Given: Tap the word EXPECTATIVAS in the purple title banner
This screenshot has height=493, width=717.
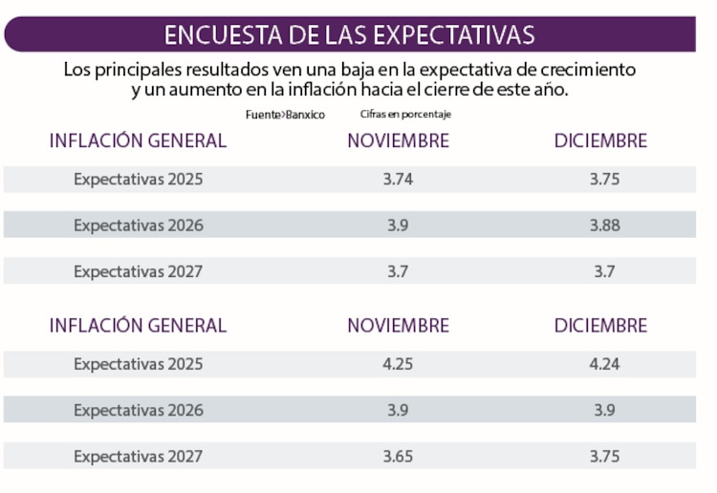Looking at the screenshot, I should [x=453, y=34].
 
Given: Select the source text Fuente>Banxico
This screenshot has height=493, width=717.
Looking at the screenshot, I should [x=285, y=115].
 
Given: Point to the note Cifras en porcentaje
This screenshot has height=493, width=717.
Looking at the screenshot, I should [x=405, y=115].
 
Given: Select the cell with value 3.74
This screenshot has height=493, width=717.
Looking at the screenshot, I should [x=398, y=179].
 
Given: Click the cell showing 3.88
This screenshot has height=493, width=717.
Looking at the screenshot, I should [x=604, y=225].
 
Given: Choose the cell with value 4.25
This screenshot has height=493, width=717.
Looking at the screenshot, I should [x=398, y=364].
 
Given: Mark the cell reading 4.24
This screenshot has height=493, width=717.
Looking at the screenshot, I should [x=604, y=364].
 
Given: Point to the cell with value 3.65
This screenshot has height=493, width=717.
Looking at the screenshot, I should [x=398, y=457].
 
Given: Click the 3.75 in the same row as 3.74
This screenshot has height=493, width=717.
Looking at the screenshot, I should [x=604, y=179].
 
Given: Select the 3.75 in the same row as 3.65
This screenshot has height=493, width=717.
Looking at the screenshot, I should [x=604, y=457].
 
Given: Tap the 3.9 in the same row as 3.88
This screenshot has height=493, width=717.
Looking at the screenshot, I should [x=398, y=225].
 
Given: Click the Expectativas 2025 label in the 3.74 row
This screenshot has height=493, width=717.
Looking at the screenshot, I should [x=139, y=179].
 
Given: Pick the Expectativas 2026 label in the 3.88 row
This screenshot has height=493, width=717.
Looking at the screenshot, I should [x=139, y=225].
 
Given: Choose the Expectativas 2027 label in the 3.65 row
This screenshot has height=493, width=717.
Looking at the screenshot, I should [x=139, y=457].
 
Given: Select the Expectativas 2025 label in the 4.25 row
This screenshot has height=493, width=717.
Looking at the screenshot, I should [x=139, y=364].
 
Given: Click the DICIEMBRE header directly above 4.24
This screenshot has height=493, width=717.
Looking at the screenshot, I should [x=600, y=325].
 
